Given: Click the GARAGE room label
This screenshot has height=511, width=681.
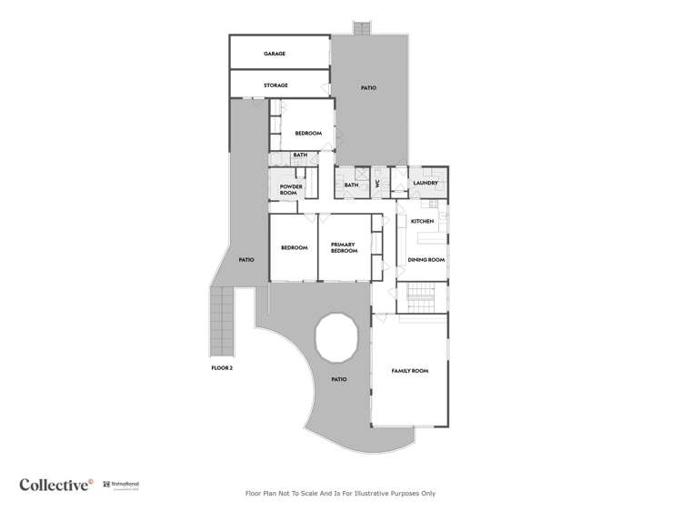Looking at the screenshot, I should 275,54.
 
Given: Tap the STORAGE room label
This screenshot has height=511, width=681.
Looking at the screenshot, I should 275,85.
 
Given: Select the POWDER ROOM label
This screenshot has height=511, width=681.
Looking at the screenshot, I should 290,189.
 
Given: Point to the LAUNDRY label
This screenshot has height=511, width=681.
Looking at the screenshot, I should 426,183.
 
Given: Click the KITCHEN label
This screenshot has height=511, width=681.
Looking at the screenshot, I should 422,221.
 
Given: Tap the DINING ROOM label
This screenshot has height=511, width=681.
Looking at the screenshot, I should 426,260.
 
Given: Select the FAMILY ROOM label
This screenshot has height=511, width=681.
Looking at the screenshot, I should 409,371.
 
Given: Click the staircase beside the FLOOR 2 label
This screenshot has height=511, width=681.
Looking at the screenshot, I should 221,323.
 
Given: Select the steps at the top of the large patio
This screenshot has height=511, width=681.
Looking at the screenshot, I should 362,28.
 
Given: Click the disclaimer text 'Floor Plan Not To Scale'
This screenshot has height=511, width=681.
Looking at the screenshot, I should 340,494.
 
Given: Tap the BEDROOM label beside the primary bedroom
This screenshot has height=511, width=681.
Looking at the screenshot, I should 293,247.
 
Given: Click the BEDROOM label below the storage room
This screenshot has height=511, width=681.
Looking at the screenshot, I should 308,134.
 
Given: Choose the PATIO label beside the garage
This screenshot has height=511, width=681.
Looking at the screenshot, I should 368,88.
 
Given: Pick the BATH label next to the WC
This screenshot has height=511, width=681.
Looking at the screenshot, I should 351,185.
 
